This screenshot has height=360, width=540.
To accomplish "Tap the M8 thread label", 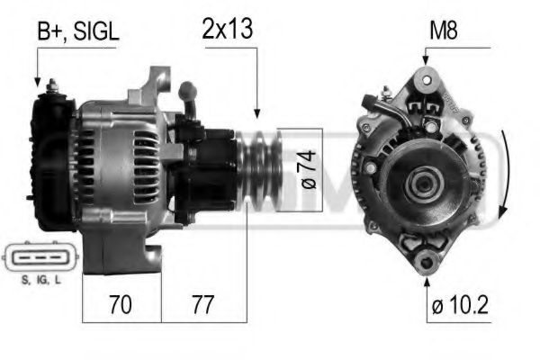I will (x=443, y=31).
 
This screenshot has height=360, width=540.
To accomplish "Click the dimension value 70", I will (x=117, y=305).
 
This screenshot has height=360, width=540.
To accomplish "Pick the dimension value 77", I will (x=203, y=305).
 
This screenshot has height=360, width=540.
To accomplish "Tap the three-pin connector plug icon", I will (x=36, y=259).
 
